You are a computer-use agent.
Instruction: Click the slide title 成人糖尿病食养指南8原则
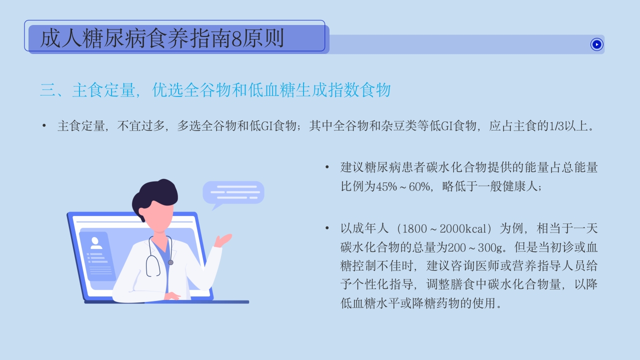tap(161, 38)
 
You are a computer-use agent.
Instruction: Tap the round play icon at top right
tap(596, 44)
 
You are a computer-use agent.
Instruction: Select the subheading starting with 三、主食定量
tap(215, 90)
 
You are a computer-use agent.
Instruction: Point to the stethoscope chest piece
tap(170, 262)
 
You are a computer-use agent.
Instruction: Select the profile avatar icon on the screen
tap(96, 243)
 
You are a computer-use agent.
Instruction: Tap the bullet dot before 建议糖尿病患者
tap(327, 167)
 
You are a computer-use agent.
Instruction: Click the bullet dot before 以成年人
tap(327, 229)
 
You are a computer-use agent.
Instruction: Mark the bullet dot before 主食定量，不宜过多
tap(44, 125)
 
